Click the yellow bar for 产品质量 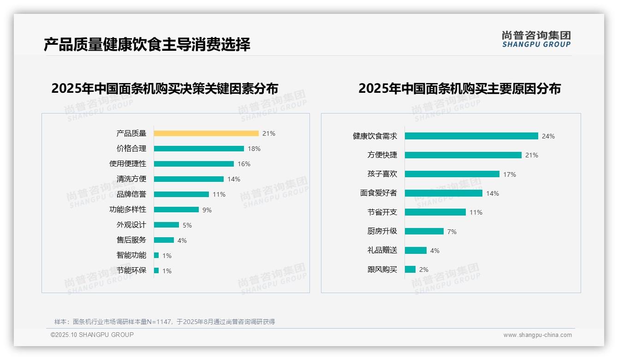(x=206, y=133)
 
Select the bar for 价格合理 (x=199, y=149)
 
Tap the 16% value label (x=244, y=164)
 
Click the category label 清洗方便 (x=131, y=179)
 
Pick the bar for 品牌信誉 (x=181, y=194)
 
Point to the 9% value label (x=207, y=210)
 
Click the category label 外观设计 (x=131, y=225)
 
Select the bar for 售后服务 (x=164, y=240)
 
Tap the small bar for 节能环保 (x=156, y=270)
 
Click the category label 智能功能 (x=131, y=255)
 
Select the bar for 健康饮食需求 (x=471, y=136)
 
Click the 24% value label (x=548, y=136)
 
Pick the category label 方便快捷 (x=382, y=155)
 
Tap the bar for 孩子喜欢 (x=452, y=174)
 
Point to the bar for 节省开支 (x=435, y=212)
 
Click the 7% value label (x=452, y=232)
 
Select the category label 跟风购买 (x=382, y=270)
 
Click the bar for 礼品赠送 (x=416, y=250)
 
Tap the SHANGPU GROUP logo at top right (x=536, y=39)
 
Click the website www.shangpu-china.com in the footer (x=537, y=335)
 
